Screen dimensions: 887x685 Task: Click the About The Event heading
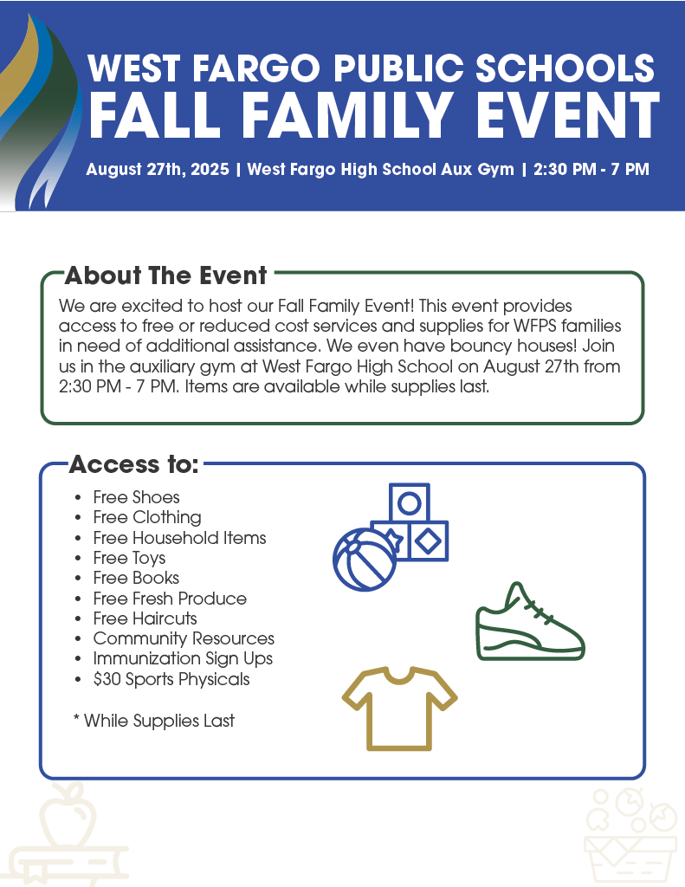coord(165,276)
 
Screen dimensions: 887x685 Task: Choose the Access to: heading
coord(133,464)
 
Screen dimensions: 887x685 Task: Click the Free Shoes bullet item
coord(136,497)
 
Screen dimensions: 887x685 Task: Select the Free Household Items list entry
coord(179,538)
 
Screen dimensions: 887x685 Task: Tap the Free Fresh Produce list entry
coord(170,599)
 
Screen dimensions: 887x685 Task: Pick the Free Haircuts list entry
coord(145,618)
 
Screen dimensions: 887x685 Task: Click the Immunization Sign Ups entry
coord(183,658)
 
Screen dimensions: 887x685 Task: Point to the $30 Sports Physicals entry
coord(171,679)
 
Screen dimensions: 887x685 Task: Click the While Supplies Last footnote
coord(158,721)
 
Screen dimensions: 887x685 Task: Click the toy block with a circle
coord(410,502)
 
